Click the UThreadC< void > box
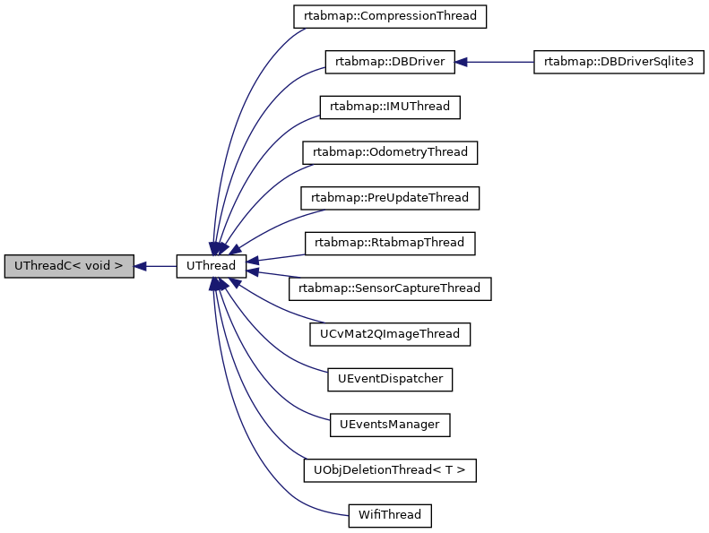tap(69, 266)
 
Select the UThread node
tap(211, 266)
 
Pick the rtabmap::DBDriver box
tap(390, 62)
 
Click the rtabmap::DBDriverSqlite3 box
tap(618, 62)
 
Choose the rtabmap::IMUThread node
tap(390, 107)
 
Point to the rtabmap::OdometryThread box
tap(390, 152)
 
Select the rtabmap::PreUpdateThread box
tap(390, 198)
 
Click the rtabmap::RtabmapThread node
tap(390, 243)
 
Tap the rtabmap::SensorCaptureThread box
tap(390, 288)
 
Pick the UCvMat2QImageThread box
tap(390, 334)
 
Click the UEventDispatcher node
tap(390, 379)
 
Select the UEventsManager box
tap(390, 425)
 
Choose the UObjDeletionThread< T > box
tap(390, 470)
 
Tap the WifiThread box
tap(390, 515)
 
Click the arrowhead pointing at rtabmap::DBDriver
tap(462, 62)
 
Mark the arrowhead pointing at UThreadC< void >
tap(141, 266)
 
